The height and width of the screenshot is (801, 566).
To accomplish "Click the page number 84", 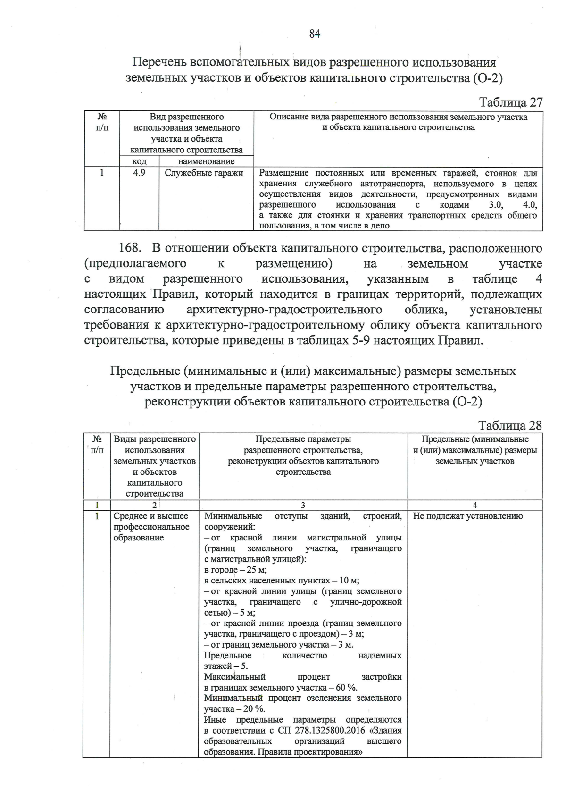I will tap(315, 34).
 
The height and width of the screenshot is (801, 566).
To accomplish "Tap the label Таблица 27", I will tap(510, 102).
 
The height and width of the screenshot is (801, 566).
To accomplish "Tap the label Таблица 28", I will tap(510, 425).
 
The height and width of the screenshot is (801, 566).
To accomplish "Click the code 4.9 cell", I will tap(139, 173).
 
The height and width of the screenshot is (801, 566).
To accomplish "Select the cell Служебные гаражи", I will tap(204, 173).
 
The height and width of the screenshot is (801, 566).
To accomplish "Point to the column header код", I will tap(139, 161).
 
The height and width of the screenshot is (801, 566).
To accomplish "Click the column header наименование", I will tap(206, 161).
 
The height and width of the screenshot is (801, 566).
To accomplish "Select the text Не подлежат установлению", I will tap(468, 516).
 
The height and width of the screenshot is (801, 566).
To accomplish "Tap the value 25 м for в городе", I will tap(257, 570).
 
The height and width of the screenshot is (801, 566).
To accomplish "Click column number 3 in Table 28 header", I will tap(303, 505).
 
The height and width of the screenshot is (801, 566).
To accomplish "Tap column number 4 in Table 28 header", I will tap(474, 505).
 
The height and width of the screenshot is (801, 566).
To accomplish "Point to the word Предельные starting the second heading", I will tap(146, 371).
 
